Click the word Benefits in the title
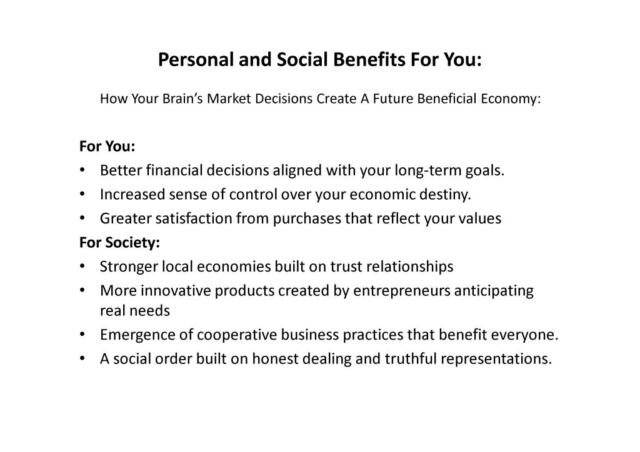point(369,59)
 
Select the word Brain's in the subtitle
point(182,99)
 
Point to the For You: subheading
point(107,146)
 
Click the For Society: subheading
point(119,242)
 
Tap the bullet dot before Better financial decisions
point(82,170)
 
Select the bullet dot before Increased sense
point(82,194)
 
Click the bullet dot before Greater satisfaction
point(82,218)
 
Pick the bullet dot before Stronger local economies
point(82,266)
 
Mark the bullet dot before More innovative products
point(82,290)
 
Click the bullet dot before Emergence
point(82,334)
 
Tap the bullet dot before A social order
point(82,358)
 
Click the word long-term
point(427,171)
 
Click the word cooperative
point(237,335)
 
